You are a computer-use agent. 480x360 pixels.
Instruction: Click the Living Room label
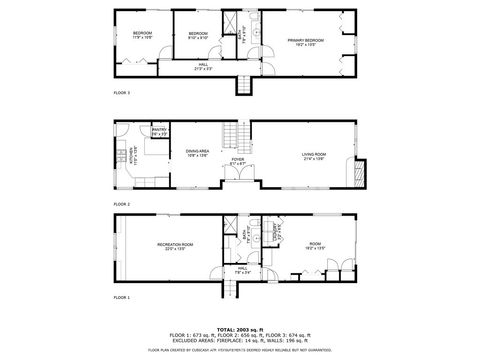click(314, 155)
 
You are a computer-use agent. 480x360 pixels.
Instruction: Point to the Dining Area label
click(197, 152)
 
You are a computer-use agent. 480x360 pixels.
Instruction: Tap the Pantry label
click(159, 130)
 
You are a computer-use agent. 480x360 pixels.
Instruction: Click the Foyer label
click(237, 161)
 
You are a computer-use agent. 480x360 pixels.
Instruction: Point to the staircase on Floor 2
click(234, 134)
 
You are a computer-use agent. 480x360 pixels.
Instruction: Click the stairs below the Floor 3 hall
click(243, 86)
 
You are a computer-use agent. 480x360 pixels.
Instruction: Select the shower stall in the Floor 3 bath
click(231, 22)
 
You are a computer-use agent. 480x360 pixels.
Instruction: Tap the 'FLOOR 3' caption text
click(121, 93)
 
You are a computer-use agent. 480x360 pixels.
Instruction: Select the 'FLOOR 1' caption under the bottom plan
click(121, 297)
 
